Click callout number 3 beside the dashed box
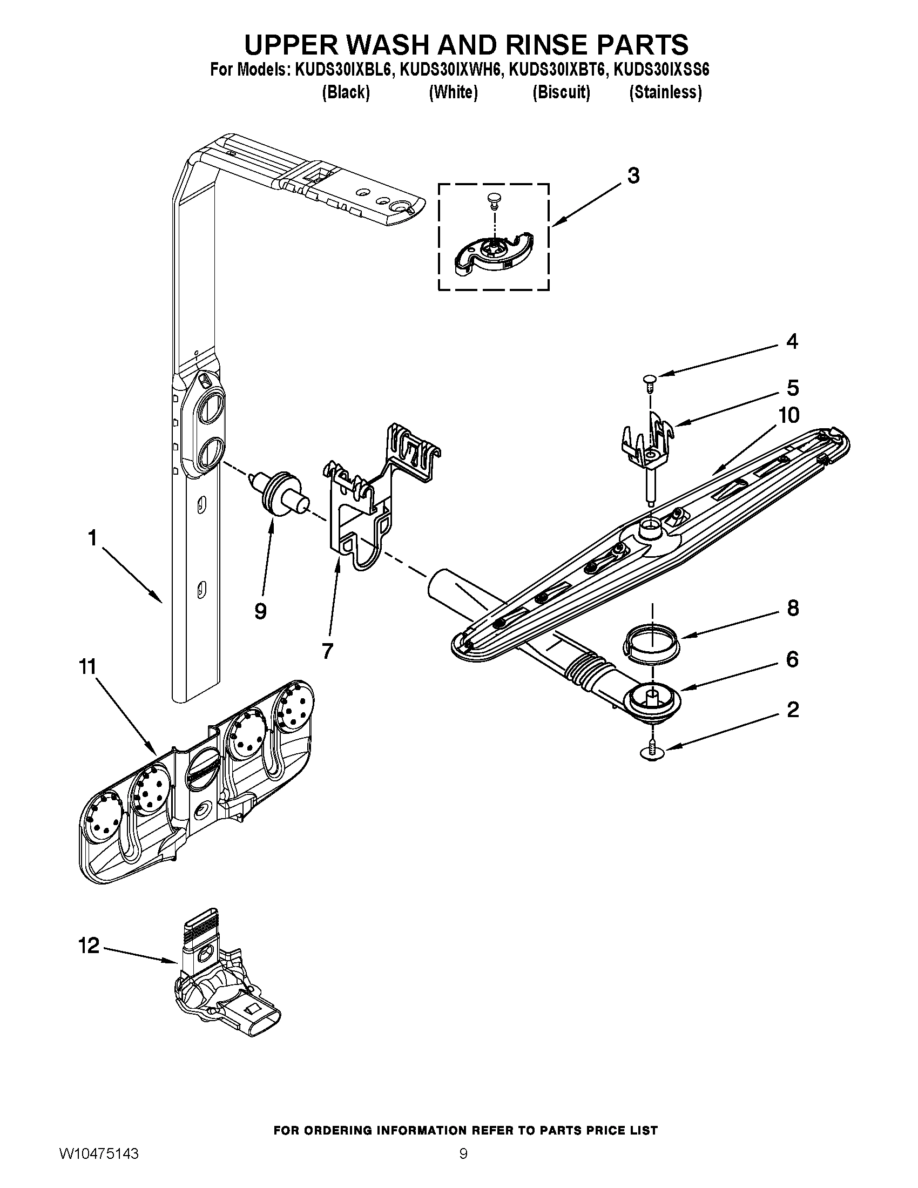point(633,175)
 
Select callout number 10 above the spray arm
point(788,415)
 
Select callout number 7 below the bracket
point(327,651)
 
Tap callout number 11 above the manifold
point(87,666)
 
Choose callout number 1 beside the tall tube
point(92,538)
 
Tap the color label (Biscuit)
point(561,92)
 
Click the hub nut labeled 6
point(652,701)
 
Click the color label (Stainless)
point(665,92)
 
